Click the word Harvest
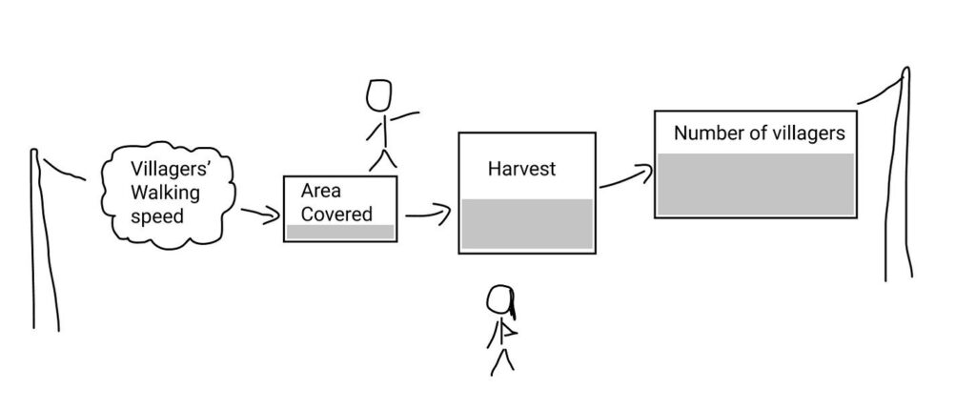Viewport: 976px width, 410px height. click(521, 170)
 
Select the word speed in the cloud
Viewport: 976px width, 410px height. click(156, 215)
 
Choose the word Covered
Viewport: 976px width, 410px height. click(336, 214)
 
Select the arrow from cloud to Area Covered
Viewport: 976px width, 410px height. click(257, 215)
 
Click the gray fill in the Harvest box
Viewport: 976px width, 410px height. click(526, 224)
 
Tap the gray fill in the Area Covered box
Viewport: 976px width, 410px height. click(340, 232)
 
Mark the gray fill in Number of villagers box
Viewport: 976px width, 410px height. click(753, 183)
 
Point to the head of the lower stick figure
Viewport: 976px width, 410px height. click(500, 301)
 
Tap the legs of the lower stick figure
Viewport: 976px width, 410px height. click(501, 359)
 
